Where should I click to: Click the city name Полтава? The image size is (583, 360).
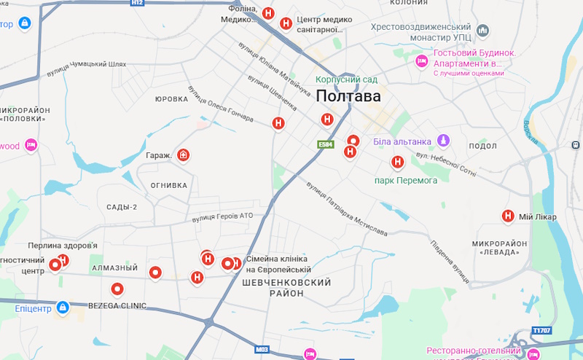(348, 96)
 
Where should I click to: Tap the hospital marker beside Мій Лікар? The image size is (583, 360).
(507, 216)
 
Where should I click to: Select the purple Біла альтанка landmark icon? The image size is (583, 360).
(442, 141)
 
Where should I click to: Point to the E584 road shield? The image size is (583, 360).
(325, 145)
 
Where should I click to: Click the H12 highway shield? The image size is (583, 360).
(137, 3)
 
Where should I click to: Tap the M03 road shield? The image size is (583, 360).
(263, 350)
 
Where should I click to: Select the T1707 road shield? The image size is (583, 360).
(541, 329)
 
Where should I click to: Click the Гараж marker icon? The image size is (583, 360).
(184, 155)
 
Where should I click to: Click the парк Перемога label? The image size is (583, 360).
(406, 180)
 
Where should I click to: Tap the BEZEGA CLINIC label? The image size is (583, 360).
(117, 305)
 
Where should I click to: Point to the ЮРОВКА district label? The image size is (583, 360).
(172, 98)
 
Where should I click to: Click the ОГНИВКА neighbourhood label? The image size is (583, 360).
(169, 186)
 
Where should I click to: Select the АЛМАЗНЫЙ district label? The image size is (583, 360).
(115, 268)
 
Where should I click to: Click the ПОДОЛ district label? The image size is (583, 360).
(482, 146)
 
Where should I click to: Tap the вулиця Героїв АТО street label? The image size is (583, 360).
(222, 217)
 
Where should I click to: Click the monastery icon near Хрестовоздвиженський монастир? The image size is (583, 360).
(483, 31)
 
